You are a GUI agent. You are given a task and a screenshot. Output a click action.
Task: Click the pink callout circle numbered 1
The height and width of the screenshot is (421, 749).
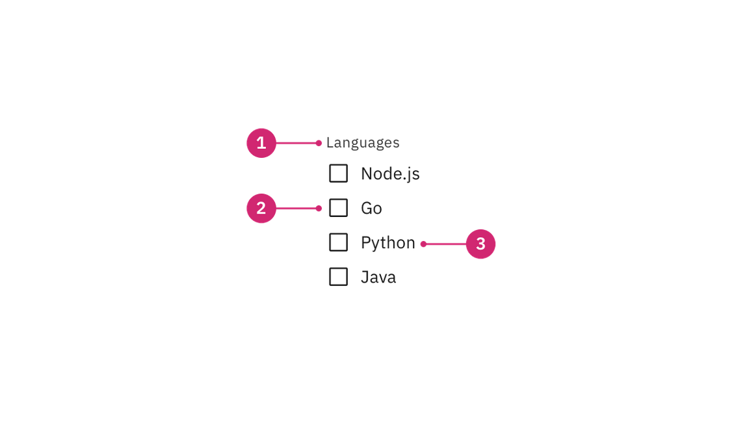(261, 143)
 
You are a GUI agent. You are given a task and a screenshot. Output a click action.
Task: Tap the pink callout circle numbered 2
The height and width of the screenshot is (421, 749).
(261, 208)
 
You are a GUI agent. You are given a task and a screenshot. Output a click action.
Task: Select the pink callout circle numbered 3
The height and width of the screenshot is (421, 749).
(480, 244)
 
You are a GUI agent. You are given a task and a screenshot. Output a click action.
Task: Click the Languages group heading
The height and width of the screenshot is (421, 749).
(363, 143)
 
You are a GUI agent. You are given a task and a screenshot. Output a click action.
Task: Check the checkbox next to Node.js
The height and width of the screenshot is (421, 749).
(338, 173)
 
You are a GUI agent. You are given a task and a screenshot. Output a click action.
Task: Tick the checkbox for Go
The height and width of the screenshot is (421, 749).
(338, 208)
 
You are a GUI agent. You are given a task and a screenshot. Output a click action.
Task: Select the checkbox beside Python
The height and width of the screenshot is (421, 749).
(338, 242)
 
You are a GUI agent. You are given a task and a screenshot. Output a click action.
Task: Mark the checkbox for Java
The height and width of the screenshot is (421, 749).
(338, 276)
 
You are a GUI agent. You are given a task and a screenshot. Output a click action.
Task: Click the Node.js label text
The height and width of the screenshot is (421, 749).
(390, 173)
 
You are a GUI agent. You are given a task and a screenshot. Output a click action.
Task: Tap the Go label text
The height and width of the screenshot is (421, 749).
(372, 208)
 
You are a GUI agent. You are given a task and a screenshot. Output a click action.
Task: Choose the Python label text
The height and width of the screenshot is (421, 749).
(388, 243)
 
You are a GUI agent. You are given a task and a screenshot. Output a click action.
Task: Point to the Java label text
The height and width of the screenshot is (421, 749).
(378, 277)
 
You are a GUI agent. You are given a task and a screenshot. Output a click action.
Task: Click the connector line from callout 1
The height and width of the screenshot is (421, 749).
(296, 143)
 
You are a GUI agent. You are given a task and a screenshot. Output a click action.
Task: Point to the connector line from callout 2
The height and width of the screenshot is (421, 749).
(296, 208)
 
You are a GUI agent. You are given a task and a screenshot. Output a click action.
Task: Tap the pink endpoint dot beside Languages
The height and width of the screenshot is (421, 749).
(319, 143)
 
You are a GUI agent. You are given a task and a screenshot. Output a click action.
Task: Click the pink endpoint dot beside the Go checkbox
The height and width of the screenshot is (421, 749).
(319, 208)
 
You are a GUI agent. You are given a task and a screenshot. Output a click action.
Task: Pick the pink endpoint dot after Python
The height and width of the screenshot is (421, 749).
(423, 244)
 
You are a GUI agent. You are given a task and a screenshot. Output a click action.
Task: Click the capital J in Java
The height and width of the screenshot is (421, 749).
(365, 277)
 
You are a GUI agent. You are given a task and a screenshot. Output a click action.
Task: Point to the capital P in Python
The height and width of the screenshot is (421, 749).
(366, 242)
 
